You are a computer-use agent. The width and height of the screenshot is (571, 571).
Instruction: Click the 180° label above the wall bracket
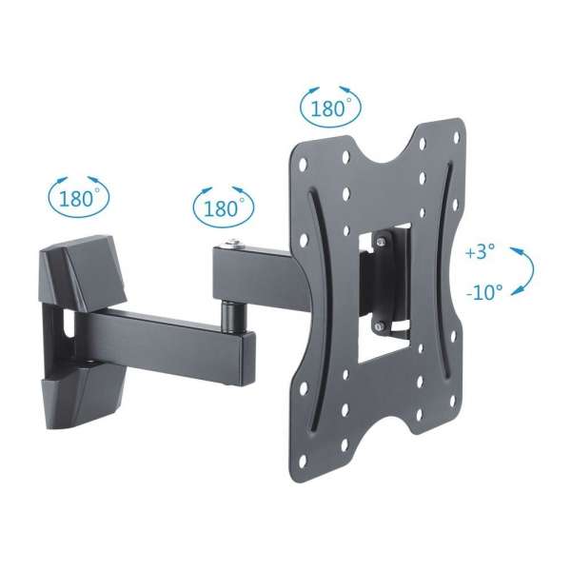point(78,199)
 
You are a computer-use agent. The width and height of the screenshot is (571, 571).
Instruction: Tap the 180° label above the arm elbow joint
point(224,205)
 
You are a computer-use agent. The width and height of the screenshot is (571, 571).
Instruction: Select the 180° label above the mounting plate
point(330,107)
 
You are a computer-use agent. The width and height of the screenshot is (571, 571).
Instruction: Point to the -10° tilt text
point(483,293)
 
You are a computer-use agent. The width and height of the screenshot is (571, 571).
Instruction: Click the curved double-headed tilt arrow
point(522,271)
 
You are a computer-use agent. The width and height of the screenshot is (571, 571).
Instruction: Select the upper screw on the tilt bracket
point(380,243)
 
